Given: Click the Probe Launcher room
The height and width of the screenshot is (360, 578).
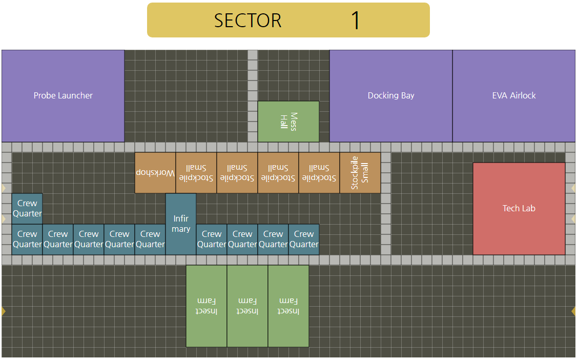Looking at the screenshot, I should point(63,96).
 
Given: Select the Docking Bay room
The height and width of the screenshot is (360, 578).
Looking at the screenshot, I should point(391,96).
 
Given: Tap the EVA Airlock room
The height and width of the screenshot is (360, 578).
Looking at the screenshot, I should point(514,96).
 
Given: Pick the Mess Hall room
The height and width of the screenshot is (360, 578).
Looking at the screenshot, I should point(288,122).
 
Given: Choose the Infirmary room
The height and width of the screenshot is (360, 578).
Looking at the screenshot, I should point(181,224).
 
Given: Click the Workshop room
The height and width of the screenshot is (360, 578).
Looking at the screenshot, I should point(155,173).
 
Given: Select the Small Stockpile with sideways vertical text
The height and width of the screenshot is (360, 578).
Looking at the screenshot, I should point(360,173).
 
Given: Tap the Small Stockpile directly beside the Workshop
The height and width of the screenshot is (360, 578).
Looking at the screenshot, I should point(196,173).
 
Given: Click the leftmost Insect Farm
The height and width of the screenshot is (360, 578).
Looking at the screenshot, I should point(207,306).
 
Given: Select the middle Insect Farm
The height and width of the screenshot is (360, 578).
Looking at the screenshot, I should point(247,306).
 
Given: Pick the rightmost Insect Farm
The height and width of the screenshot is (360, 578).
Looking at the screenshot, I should point(288,306).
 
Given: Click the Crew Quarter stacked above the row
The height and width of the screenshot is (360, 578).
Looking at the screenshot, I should point(27,208).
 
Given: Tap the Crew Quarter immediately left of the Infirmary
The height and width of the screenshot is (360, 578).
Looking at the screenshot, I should point(150,239).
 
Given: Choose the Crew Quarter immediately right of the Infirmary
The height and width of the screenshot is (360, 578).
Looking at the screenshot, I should point(212,239).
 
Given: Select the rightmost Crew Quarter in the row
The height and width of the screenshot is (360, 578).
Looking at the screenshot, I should point(304,239).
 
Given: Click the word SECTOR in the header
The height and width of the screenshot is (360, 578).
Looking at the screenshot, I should point(248,21).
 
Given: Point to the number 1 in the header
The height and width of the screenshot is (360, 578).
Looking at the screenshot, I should point(356,21).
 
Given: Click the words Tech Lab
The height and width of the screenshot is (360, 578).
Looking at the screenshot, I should point(519,208).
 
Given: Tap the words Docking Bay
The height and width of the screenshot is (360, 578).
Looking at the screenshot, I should point(391,95).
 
